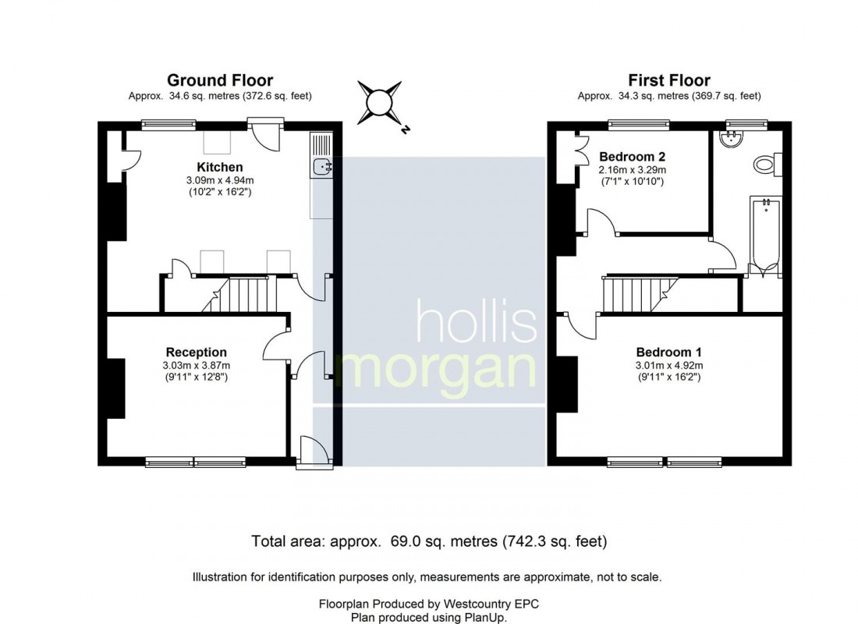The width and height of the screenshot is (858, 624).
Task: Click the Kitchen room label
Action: [219, 167]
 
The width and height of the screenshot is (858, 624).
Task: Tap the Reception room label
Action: [196, 352]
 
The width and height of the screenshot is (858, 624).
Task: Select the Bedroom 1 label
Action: [668, 352]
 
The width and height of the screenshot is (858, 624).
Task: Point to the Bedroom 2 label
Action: [632, 157]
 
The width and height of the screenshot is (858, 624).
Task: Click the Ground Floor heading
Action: [220, 80]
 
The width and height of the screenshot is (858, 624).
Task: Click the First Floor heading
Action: [668, 80]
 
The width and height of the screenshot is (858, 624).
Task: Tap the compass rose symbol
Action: [381, 104]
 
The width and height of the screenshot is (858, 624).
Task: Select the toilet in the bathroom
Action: [768, 165]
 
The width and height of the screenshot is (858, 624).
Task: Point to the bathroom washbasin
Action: [732, 139]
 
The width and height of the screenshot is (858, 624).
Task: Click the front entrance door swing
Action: [317, 451]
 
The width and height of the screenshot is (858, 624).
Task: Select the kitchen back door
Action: [267, 136]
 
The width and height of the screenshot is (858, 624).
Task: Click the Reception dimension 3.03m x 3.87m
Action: [196, 366]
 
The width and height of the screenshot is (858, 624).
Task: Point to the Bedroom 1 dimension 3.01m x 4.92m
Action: [668, 366]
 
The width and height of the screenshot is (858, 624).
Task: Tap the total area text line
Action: [429, 541]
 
